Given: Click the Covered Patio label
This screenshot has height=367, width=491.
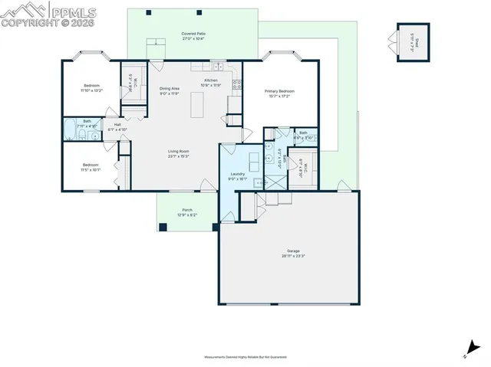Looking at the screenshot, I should point(193,36).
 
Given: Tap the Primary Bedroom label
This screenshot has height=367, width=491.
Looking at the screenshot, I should point(280,93).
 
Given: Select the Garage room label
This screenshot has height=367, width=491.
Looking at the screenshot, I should point(293,254).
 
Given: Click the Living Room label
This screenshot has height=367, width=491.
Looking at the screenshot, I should point(179,153).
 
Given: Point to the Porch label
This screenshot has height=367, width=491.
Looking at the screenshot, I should point(187,212).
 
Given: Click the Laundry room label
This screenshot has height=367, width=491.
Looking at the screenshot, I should point(237,176).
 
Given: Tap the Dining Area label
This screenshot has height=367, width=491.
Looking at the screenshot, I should point(170,90).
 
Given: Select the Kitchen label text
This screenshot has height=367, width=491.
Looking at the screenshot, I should point(210,82).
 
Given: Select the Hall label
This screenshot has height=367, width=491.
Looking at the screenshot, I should point(118,126).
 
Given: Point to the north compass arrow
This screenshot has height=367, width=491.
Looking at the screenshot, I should point(469,349).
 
